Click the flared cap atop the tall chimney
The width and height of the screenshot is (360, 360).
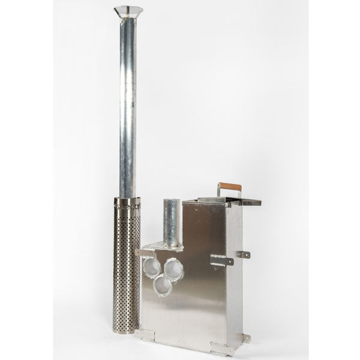pos(128,11)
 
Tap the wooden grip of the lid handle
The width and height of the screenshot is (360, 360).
pos(230,187)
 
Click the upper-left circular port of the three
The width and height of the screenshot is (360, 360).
pos(152,267)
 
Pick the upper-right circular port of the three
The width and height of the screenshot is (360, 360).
pos(173,269)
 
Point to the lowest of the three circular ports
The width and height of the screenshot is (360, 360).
pos(163,286)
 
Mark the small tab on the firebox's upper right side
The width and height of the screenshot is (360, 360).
pos(243,254)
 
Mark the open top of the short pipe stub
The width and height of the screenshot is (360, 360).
pos(172,202)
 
